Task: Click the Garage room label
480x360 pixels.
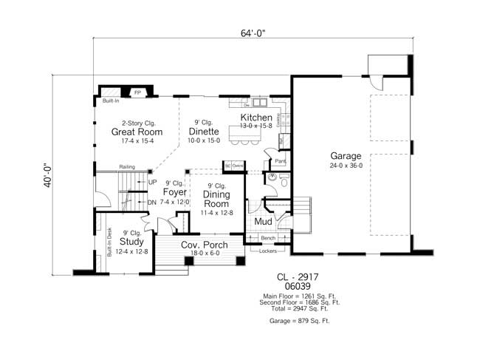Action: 346,156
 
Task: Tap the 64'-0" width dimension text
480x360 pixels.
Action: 250,33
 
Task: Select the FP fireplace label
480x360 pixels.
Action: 137,93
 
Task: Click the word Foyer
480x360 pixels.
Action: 174,192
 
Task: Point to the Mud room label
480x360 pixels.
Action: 264,221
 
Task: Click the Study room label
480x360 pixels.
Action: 131,241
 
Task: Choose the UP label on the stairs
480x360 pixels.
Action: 153,183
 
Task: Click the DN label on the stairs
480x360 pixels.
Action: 152,202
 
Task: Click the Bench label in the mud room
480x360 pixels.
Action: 268,239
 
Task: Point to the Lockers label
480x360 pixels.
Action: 268,251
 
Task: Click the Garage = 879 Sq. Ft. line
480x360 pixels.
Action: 300,322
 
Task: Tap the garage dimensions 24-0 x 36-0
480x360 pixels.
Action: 346,166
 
